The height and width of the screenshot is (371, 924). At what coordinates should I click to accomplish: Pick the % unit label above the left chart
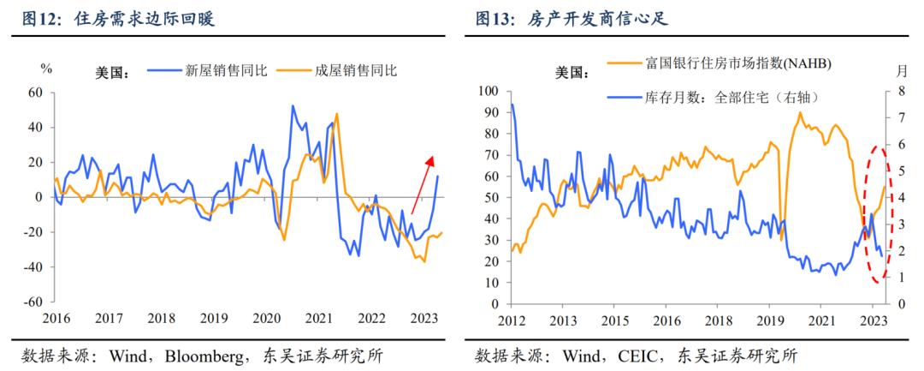pos(47,68)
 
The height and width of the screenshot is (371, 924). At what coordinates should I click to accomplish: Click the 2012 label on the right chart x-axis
pos(512,321)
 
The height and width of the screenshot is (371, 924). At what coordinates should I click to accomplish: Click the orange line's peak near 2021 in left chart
pos(337,114)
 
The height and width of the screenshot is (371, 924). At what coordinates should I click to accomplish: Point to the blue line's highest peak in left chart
pos(293,106)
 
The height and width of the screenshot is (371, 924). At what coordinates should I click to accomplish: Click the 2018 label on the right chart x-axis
pos(719,321)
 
